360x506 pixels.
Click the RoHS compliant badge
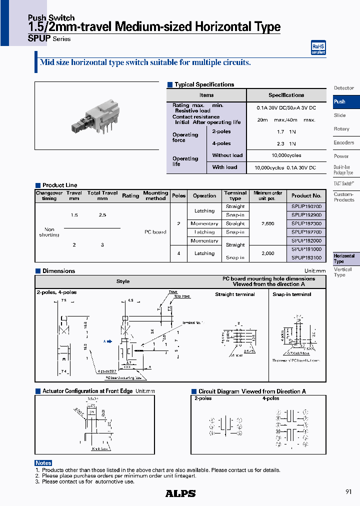[x=318, y=48]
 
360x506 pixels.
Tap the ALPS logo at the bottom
[x=180, y=493]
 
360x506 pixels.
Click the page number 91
[x=348, y=492]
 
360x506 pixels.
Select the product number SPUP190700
[x=306, y=206]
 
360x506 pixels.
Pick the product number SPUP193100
[x=306, y=257]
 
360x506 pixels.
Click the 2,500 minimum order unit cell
[x=267, y=223]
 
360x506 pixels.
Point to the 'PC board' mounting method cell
[x=155, y=232]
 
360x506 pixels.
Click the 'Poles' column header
[x=178, y=195]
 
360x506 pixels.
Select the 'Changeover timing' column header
[x=49, y=195]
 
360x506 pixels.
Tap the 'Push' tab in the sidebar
[x=340, y=101]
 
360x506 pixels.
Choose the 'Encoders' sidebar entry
[x=344, y=142]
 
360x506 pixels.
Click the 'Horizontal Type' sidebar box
[x=345, y=258]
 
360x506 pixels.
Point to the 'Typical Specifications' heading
[x=204, y=84]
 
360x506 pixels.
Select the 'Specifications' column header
[x=286, y=95]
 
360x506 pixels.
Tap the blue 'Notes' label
[x=43, y=463]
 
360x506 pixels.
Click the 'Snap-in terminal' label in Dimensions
[x=291, y=294]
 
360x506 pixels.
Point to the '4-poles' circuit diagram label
[x=270, y=398]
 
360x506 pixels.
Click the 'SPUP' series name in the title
[x=39, y=38]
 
